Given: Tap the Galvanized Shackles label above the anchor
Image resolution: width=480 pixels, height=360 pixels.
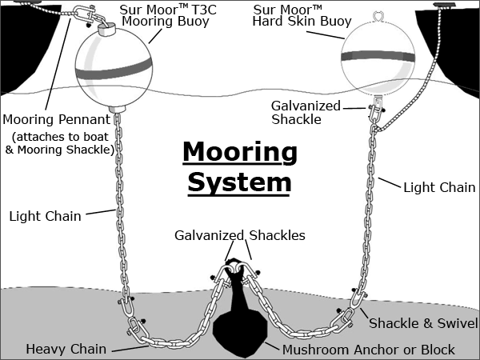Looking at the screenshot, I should [x=240, y=236].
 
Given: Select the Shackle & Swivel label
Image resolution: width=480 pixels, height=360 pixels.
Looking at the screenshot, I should [x=422, y=323].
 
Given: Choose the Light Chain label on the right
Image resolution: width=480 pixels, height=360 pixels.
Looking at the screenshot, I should [x=439, y=187].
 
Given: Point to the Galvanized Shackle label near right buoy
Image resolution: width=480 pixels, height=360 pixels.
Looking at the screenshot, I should [x=306, y=112].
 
